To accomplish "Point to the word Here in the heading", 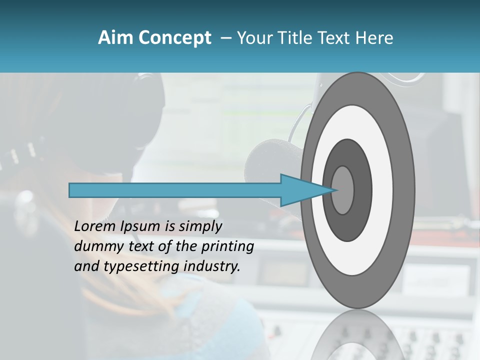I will click(375, 38).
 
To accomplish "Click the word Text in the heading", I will click(337, 38).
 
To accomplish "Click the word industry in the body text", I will click(212, 266).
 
